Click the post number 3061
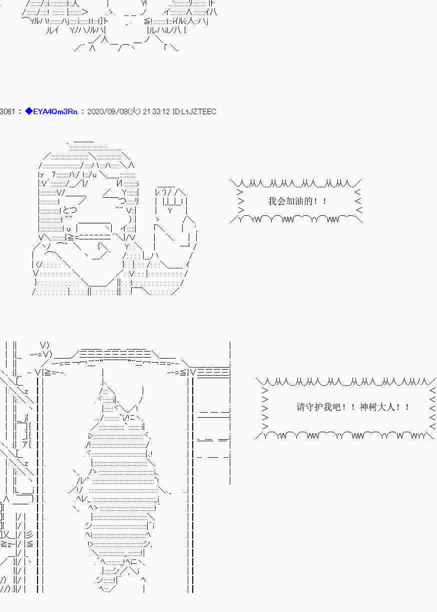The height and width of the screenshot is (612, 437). [7, 112]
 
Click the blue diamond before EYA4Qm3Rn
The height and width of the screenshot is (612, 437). [29, 111]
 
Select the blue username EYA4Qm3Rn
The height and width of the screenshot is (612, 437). [56, 112]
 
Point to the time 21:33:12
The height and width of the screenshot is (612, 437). [156, 112]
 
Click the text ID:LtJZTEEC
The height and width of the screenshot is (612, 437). [194, 112]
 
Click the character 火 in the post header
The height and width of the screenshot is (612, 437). [134, 111]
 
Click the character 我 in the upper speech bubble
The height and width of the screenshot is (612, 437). [272, 201]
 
